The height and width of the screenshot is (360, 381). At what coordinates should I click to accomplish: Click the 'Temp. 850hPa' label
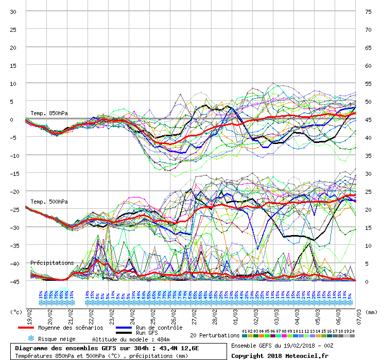[49, 113]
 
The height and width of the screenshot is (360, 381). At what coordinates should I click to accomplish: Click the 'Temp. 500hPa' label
[49, 202]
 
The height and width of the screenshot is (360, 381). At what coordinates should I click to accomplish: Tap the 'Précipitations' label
[52, 263]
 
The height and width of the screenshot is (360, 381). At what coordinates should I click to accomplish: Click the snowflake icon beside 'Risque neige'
[31, 339]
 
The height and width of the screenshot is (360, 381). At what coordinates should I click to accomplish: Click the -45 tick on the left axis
[15, 281]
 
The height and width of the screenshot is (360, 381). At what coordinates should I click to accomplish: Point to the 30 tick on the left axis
[13, 11]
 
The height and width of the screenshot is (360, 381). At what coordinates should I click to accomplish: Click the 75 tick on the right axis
[368, 11]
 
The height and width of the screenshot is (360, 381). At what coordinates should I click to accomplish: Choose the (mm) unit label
[372, 312]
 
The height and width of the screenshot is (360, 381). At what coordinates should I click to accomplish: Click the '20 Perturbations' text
[214, 335]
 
